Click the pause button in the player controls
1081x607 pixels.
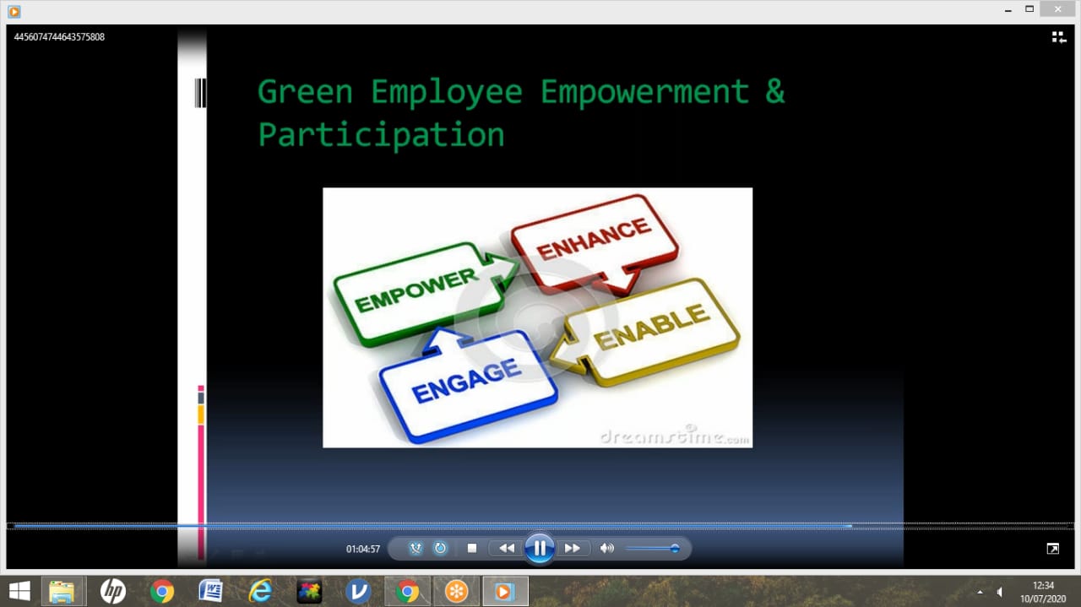(x=539, y=548)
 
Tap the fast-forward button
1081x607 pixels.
(x=573, y=549)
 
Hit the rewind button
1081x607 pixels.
(x=506, y=549)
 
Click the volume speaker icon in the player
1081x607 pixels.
(x=606, y=549)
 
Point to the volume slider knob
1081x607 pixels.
(x=675, y=549)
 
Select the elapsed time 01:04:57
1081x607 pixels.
(x=363, y=549)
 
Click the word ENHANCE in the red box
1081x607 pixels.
(x=593, y=238)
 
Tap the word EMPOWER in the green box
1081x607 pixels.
(x=416, y=290)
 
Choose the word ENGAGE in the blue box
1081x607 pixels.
(x=465, y=382)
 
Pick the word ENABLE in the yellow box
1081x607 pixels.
(x=652, y=327)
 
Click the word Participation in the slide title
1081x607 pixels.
(x=381, y=135)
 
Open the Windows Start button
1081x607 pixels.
(x=19, y=591)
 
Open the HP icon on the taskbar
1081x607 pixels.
(x=113, y=591)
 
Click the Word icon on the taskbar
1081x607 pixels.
(x=211, y=591)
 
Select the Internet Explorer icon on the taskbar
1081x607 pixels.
(x=260, y=591)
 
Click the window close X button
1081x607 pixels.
(x=1057, y=9)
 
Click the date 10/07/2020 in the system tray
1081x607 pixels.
(x=1043, y=599)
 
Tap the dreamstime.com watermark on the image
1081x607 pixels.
(x=675, y=436)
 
